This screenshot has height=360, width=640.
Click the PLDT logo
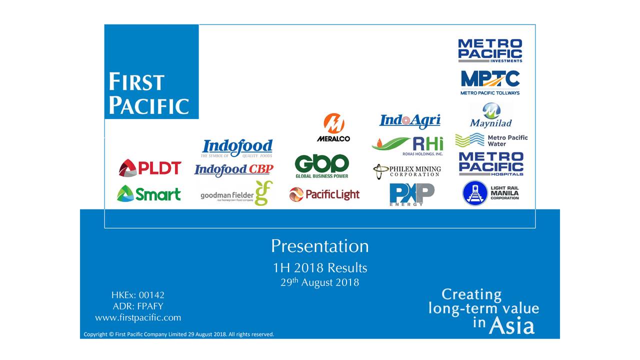point(150,168)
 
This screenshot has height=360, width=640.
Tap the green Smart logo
point(149,193)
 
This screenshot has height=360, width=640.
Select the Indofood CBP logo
point(233,170)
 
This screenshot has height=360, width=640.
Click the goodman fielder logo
point(236,194)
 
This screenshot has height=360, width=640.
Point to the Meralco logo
point(333,127)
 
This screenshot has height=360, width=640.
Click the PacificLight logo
point(324,194)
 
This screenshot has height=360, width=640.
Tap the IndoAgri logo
point(410,120)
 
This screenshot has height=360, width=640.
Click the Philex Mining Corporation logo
point(407,171)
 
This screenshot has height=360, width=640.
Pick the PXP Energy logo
point(411,194)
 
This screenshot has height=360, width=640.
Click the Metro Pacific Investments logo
point(490,50)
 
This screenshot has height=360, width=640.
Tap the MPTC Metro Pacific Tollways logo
point(490,82)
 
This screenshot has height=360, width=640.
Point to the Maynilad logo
point(491,115)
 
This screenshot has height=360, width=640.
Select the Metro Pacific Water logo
point(491,140)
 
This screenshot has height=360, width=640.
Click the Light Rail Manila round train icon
point(474,193)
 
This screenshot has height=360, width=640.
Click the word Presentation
point(320,246)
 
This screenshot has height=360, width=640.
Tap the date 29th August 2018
point(320,282)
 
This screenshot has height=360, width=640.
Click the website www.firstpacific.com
point(138,317)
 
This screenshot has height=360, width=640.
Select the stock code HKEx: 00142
point(138,295)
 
